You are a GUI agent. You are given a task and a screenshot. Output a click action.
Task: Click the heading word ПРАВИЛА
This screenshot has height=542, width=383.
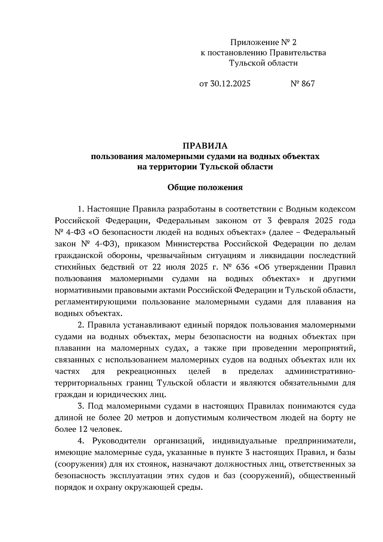(205, 146)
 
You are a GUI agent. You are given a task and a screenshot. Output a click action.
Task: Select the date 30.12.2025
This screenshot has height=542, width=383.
(230, 84)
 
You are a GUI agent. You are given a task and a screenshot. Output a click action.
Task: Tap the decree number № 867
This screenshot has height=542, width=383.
(303, 84)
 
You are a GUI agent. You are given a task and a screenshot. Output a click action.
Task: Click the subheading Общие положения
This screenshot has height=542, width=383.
(205, 187)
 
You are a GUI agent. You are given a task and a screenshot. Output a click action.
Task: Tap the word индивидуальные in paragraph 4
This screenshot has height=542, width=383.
(244, 441)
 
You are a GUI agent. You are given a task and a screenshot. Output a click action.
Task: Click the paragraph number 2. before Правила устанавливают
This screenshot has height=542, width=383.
(81, 325)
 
